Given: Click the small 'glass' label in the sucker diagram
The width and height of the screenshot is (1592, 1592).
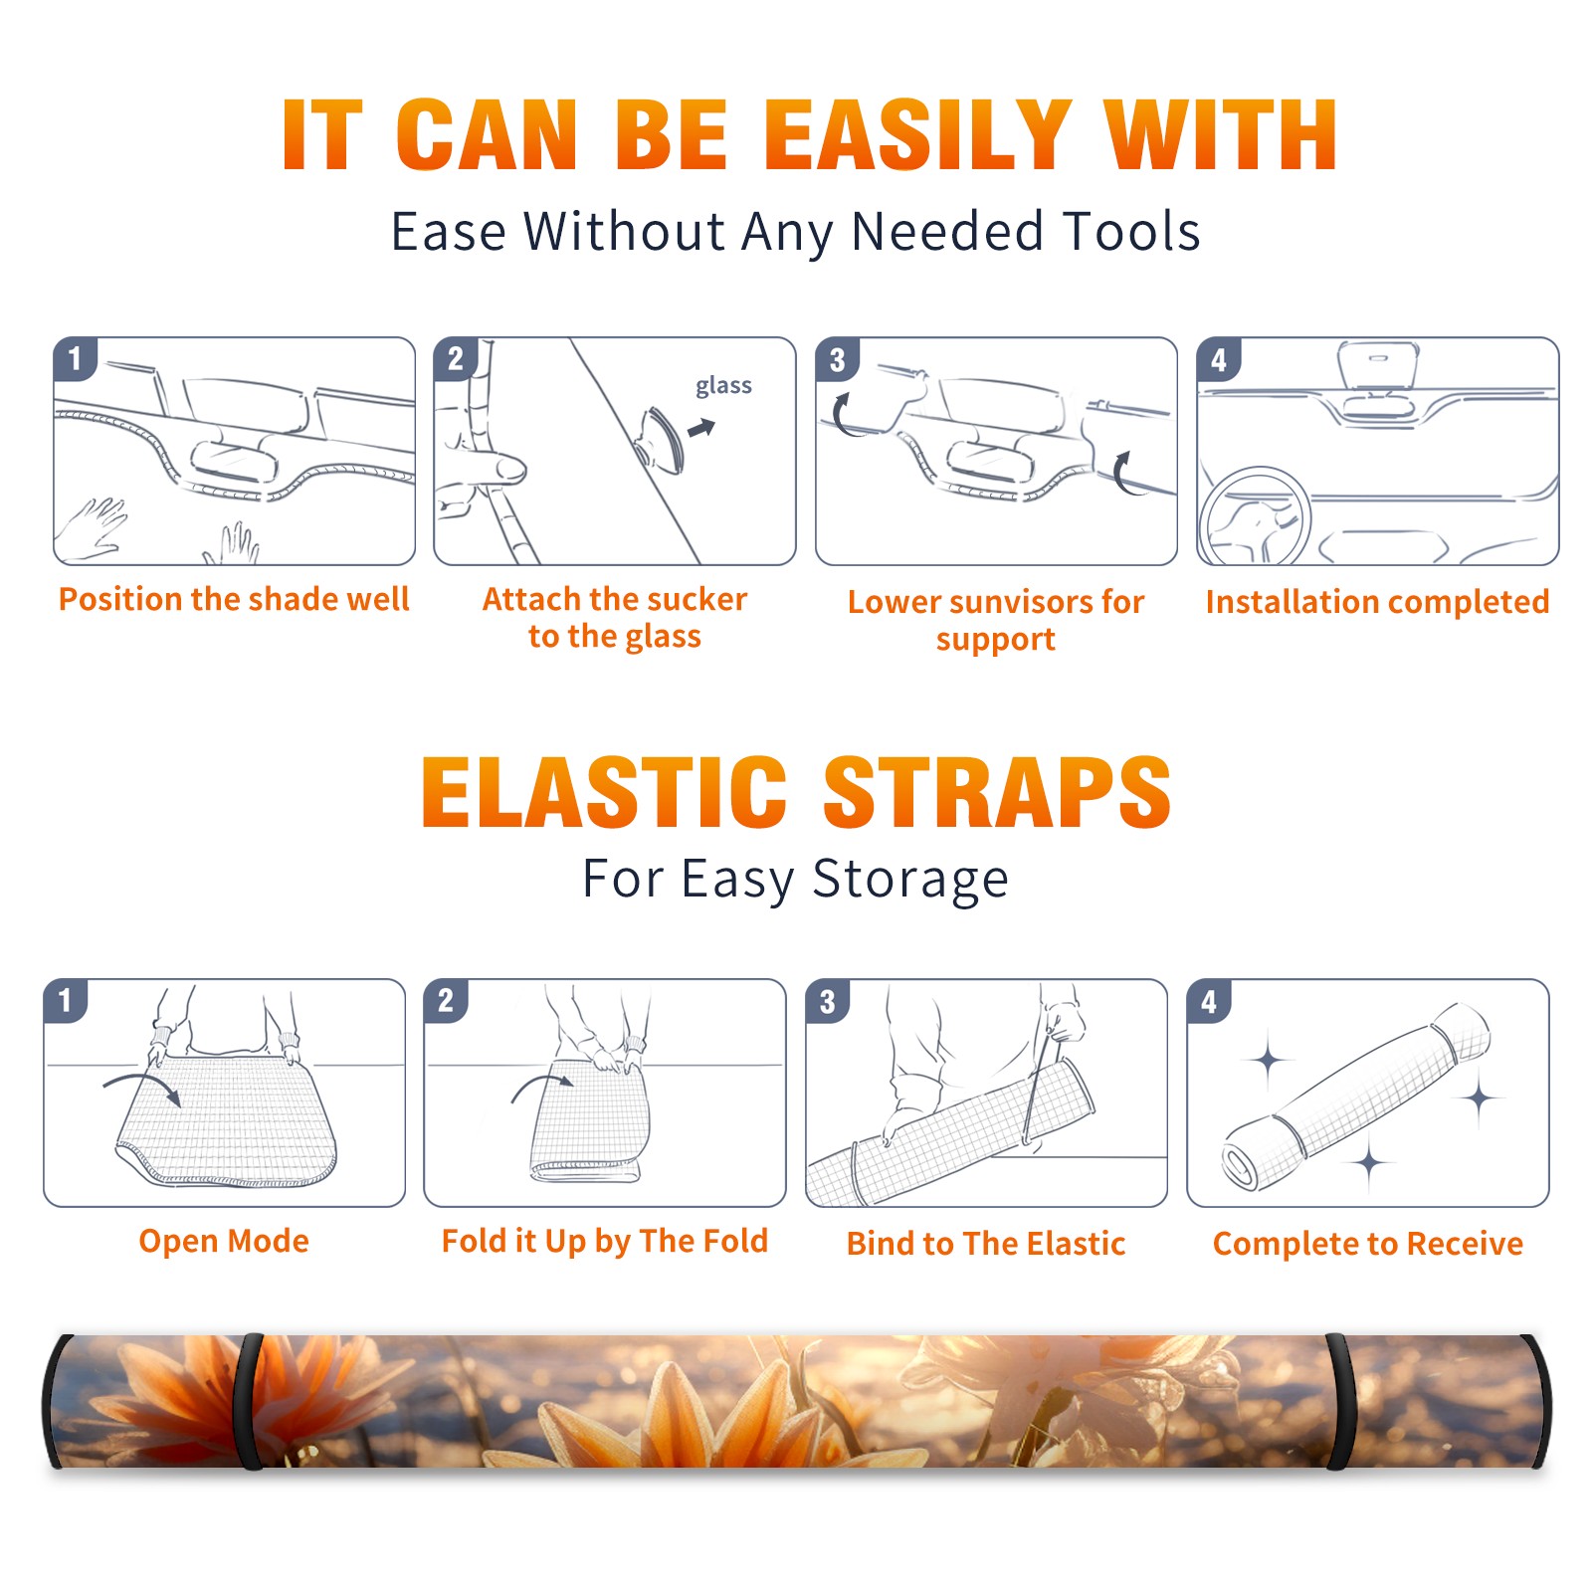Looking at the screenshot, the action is (723, 386).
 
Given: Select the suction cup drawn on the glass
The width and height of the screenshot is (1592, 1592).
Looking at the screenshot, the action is (659, 438).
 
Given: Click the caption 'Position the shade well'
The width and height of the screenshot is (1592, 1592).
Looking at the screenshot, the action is (234, 599).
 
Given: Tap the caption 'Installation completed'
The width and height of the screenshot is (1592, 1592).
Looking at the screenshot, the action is (1377, 602).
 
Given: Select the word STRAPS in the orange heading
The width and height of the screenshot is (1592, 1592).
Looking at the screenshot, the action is (997, 792).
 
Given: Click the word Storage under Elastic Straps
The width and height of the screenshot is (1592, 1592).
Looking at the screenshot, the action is (910, 880).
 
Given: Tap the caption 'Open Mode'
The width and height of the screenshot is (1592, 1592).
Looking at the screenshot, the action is (224, 1241).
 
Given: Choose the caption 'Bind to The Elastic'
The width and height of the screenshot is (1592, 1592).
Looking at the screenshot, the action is (986, 1244).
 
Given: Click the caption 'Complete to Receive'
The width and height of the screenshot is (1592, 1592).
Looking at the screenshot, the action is (1368, 1244).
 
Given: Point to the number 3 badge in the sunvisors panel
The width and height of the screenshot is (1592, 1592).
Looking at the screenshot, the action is (837, 359).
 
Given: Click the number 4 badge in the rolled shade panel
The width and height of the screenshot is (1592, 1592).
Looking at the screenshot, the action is (1209, 1001).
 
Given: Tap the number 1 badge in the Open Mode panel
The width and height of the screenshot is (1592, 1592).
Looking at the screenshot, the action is (66, 1000).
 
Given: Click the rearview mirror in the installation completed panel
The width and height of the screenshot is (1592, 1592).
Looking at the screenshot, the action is (1378, 365).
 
